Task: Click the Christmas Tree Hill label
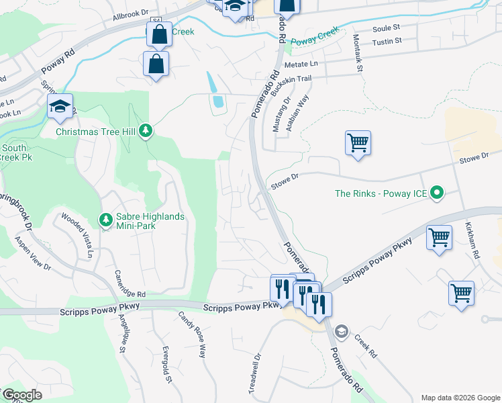pyautogui.click(x=96, y=132)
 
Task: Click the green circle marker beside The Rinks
pyautogui.click(x=438, y=193)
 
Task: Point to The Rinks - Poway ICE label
pyautogui.click(x=381, y=194)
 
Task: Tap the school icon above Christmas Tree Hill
pyautogui.click(x=60, y=107)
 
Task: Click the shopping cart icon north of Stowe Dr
pyautogui.click(x=358, y=143)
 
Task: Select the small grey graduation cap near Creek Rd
pyautogui.click(x=341, y=330)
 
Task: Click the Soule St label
pyautogui.click(x=386, y=28)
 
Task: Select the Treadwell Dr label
pyautogui.click(x=256, y=374)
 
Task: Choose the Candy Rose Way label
pyautogui.click(x=192, y=334)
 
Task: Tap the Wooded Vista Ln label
pyautogui.click(x=77, y=235)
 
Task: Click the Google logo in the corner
pyautogui.click(x=21, y=395)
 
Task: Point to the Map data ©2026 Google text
pyautogui.click(x=460, y=398)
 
